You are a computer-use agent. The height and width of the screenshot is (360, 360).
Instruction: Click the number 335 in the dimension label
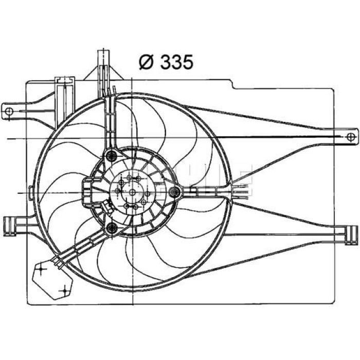pyautogui.click(x=177, y=62)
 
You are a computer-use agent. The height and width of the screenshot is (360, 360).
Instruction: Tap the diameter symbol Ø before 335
pyautogui.click(x=146, y=62)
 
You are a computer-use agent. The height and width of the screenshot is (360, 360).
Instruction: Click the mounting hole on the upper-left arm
pyautogui.click(x=9, y=112)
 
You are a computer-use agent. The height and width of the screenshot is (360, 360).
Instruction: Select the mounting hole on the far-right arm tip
pyautogui.click(x=351, y=137)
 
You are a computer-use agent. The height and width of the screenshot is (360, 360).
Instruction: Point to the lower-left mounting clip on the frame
pyautogui.click(x=10, y=226)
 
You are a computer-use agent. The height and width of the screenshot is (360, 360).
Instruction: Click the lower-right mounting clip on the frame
pyautogui.click(x=351, y=236)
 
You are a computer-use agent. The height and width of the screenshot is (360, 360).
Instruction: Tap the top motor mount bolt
pyautogui.click(x=112, y=156)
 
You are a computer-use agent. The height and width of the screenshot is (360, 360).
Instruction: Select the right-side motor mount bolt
pyautogui.click(x=174, y=192)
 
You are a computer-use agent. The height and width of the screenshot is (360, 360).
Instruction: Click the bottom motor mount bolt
pyautogui.click(x=112, y=228)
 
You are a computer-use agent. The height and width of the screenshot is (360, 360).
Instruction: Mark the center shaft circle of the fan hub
pyautogui.click(x=133, y=192)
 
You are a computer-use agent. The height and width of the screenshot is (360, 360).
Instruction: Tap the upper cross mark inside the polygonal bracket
pyautogui.click(x=41, y=268)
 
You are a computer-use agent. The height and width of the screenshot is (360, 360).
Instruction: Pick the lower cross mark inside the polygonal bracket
pyautogui.click(x=64, y=291)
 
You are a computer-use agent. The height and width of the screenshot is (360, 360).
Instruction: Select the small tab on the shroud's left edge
pyautogui.click(x=31, y=192)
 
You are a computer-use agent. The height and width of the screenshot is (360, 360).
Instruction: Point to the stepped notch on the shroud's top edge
pyautogui.click(x=232, y=84)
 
